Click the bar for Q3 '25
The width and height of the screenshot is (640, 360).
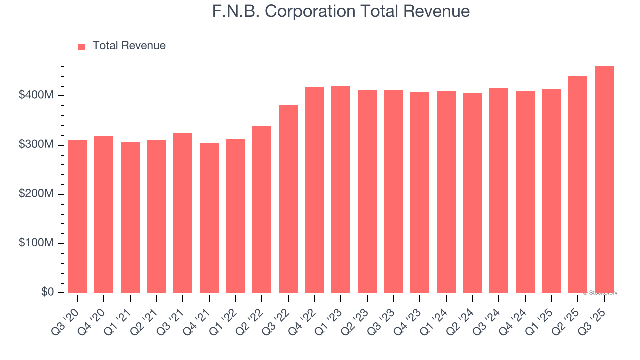click(604, 180)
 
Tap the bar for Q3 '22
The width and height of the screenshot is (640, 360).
click(288, 199)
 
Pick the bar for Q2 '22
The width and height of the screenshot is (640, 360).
click(262, 210)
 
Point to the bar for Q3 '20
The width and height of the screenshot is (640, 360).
click(78, 216)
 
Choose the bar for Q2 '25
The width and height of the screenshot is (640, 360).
click(578, 184)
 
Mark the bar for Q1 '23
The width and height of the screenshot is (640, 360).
click(341, 190)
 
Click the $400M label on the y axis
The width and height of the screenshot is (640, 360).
click(36, 95)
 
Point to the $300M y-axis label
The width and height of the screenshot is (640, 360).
click(36, 144)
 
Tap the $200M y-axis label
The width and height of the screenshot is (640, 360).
click(36, 193)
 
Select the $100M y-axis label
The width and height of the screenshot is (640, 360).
click(36, 243)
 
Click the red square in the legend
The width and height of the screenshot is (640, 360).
click(82, 47)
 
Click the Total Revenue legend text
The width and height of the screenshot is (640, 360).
click(129, 46)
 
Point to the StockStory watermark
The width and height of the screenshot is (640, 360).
click(600, 293)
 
